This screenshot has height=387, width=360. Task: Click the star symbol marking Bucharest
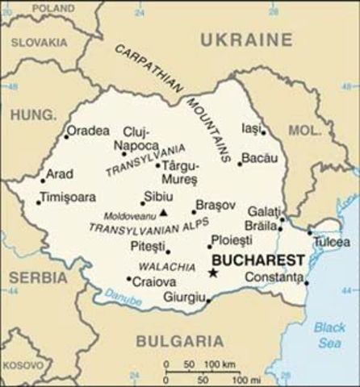[x=213, y=273]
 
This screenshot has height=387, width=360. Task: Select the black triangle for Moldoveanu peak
[x=163, y=214]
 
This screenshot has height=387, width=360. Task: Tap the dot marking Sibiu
[x=142, y=202]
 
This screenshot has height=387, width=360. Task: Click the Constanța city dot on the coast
[x=307, y=282]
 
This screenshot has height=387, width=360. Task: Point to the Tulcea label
[x=333, y=242]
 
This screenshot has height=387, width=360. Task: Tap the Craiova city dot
[x=129, y=279]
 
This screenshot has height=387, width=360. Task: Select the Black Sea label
[x=329, y=334]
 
